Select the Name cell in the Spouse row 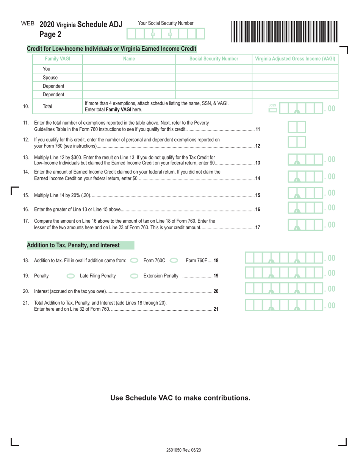click(x=129, y=78)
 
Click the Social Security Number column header click(x=214, y=59)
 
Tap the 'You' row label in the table click(x=47, y=69)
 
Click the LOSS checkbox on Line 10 click(x=272, y=111)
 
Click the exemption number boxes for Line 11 click(x=297, y=127)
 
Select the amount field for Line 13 click(x=306, y=160)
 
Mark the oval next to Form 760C click(x=134, y=261)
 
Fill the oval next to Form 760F click(x=174, y=261)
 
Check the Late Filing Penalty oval click(x=70, y=276)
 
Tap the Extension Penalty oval click(x=134, y=276)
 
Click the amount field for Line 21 click(x=284, y=305)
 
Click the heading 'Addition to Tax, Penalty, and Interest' click(x=73, y=246)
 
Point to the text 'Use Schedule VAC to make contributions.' click(x=180, y=398)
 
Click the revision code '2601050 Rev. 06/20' click(x=183, y=450)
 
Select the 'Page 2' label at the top click(x=50, y=34)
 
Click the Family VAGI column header click(x=58, y=59)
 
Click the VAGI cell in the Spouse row click(x=295, y=78)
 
